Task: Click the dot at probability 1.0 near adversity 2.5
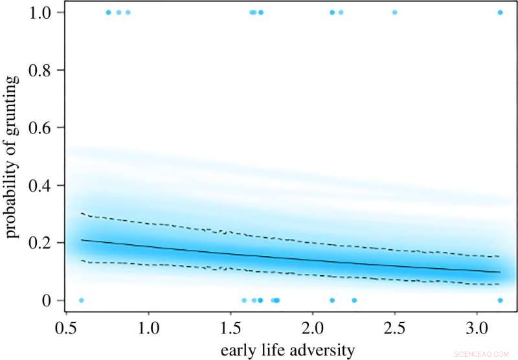(x=394, y=12)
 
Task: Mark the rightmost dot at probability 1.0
(x=500, y=12)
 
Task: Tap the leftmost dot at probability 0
(x=81, y=300)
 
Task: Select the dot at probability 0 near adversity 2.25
(x=354, y=300)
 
